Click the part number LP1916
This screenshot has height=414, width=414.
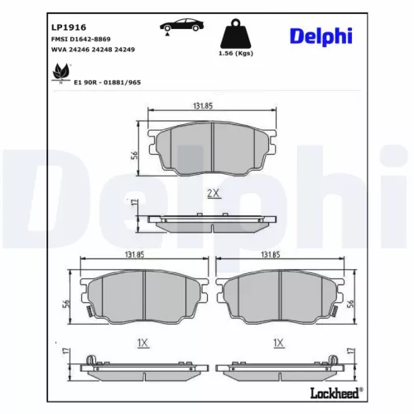pyautogui.click(x=46, y=26)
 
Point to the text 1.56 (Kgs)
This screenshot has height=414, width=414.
pyautogui.click(x=235, y=54)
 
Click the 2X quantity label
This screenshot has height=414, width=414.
pyautogui.click(x=212, y=193)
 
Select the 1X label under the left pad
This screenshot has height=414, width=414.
pyautogui.click(x=142, y=342)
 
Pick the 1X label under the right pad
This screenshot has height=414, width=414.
pyautogui.click(x=278, y=342)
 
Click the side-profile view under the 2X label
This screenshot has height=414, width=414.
pyautogui.click(x=213, y=221)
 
